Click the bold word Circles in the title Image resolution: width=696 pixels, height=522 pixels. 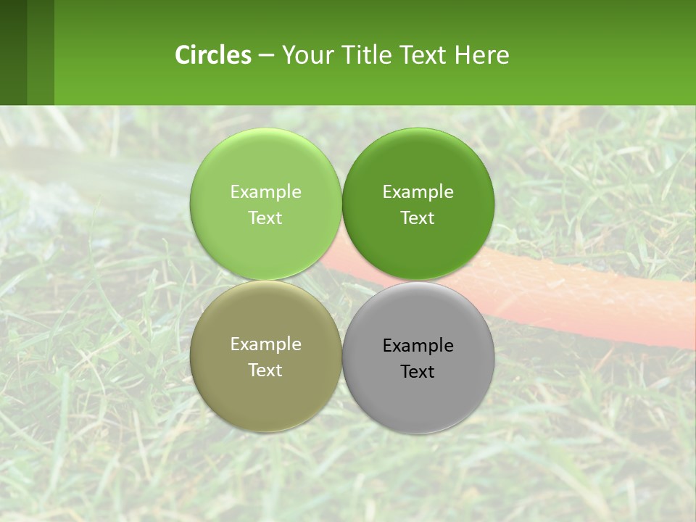[213, 55]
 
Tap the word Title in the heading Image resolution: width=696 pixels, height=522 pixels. [366, 55]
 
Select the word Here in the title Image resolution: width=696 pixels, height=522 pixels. [482, 55]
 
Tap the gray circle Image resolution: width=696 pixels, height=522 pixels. [418, 399]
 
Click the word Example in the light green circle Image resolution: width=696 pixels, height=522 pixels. [265, 191]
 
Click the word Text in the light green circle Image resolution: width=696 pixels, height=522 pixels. [265, 217]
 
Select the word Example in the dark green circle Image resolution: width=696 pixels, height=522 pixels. [418, 191]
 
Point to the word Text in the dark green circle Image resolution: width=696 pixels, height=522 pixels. [418, 217]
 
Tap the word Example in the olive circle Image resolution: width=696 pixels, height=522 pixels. [265, 344]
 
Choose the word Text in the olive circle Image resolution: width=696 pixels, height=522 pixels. [265, 370]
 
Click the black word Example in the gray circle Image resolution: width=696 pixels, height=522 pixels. [418, 346]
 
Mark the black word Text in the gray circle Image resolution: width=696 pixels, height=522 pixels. [418, 372]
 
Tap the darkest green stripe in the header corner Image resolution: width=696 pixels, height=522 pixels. [13, 52]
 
